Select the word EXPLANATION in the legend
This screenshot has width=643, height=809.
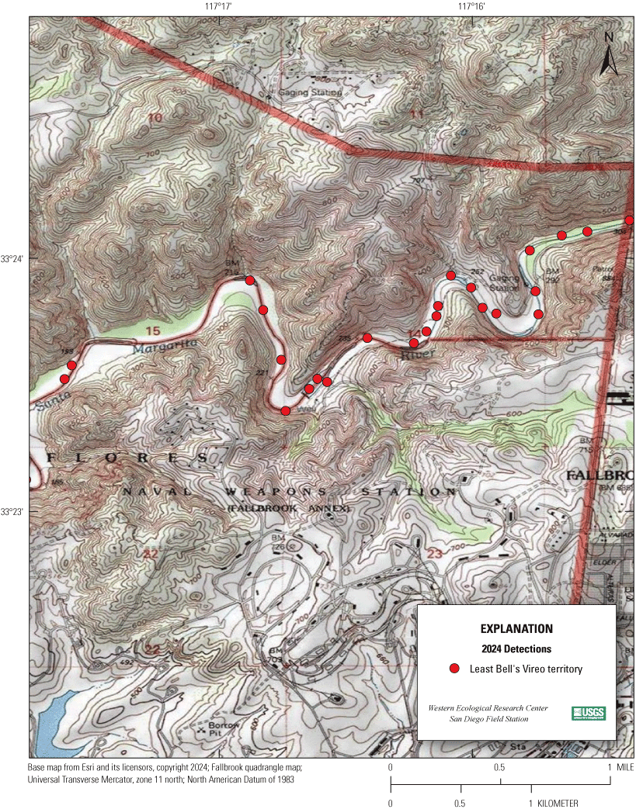(x=516, y=628)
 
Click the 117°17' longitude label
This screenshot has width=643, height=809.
(x=219, y=6)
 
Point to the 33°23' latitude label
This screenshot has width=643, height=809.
(x=13, y=512)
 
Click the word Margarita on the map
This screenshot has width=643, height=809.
(x=160, y=347)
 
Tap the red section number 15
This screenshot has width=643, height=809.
(x=152, y=331)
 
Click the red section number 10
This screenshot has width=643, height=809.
(x=155, y=118)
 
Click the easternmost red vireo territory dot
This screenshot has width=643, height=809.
(x=629, y=220)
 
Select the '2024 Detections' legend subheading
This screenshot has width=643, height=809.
(x=516, y=648)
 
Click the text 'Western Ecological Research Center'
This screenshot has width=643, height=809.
(x=488, y=708)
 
